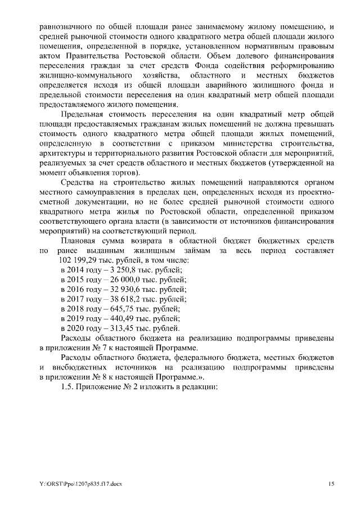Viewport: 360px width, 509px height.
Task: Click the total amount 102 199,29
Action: coord(76,262)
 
